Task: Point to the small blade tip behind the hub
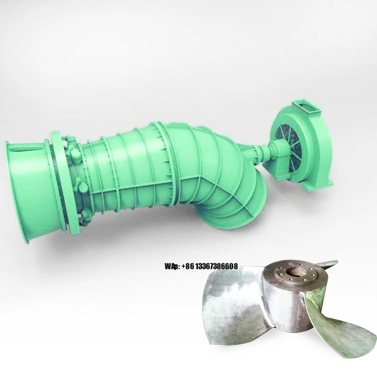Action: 329,264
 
